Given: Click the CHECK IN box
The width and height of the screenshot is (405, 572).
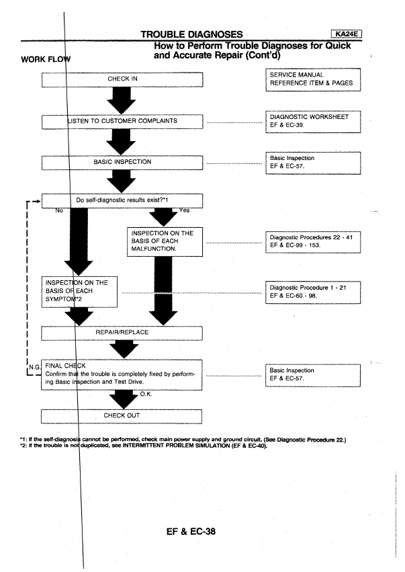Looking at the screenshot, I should [x=122, y=80].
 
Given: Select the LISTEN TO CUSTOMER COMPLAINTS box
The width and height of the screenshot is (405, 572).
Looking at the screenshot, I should [x=122, y=122].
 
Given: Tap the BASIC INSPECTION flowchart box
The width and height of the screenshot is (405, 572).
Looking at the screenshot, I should [x=122, y=162].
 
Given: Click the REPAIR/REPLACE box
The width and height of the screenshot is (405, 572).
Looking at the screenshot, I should [x=122, y=331].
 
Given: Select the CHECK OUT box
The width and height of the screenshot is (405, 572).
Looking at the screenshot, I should [x=122, y=415].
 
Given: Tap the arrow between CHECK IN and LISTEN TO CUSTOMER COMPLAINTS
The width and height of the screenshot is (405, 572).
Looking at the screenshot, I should [x=122, y=101].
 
